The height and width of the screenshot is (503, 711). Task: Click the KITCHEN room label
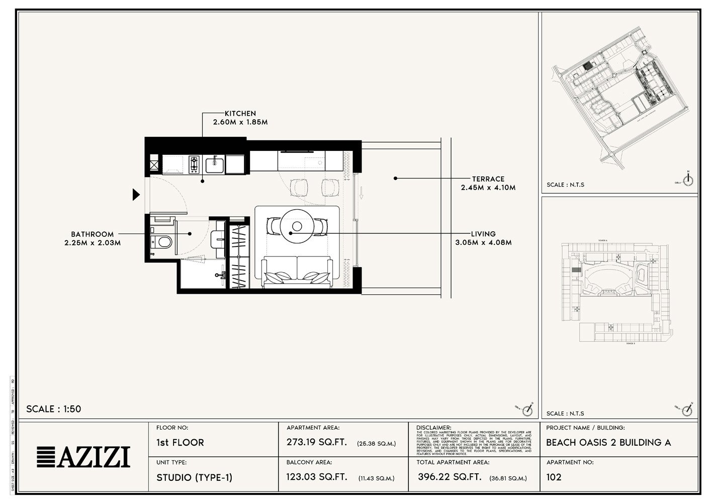240,114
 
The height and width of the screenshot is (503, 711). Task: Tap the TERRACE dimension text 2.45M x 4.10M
488,188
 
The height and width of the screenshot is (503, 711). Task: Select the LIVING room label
483,234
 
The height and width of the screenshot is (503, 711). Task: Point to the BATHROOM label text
92,234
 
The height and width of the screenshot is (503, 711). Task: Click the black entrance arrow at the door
135,195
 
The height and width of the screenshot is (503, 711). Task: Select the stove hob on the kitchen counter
194,163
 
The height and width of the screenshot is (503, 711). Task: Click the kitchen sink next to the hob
215,163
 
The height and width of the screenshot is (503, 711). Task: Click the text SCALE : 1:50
53,409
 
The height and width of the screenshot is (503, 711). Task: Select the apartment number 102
554,477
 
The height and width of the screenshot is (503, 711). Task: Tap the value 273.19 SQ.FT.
316,443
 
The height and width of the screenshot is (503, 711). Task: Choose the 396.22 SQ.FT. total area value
449,477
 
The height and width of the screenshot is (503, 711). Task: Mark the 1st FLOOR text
180,443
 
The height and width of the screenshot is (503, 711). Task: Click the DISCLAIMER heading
434,428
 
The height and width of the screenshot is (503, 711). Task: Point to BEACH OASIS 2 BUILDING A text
608,443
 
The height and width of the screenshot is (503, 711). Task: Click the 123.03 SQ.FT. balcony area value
317,477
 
